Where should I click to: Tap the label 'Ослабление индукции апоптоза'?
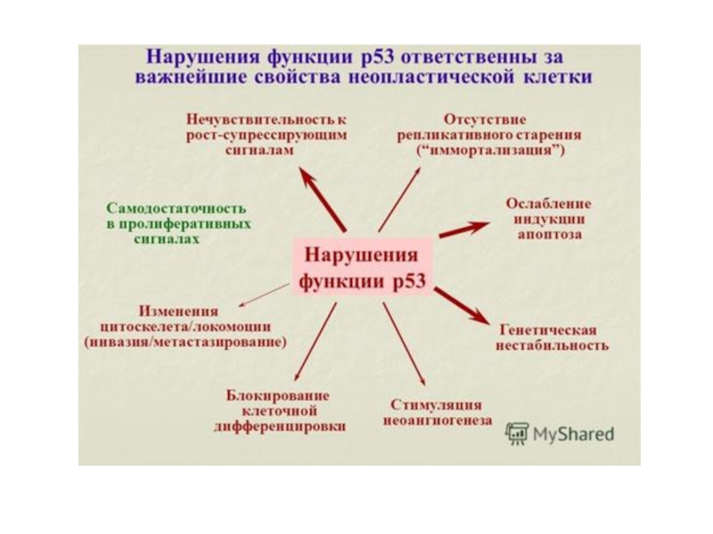pos(549,219)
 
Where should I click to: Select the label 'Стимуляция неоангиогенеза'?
pos(438,412)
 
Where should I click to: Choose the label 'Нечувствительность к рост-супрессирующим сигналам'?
pos(266,134)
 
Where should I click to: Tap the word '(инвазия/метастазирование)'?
pos(185,342)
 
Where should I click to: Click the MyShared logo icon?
pos(516,433)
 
